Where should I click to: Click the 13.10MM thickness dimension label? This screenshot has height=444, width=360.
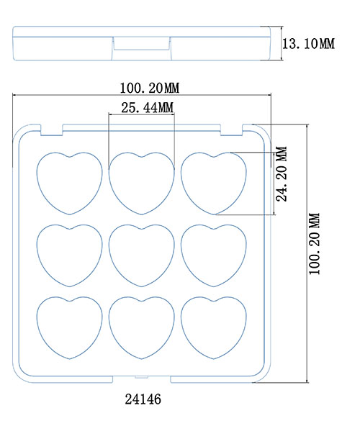[308, 44]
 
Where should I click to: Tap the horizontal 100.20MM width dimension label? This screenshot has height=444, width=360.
[150, 88]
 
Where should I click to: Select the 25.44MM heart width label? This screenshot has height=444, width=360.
[148, 108]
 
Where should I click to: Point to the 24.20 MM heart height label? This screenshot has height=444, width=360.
[282, 174]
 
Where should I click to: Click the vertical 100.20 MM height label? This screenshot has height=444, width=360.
[315, 244]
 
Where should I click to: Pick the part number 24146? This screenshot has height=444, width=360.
[143, 399]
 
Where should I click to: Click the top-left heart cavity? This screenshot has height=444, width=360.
[69, 184]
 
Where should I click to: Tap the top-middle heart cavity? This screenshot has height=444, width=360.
[142, 184]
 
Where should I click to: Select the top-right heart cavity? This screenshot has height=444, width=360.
[214, 184]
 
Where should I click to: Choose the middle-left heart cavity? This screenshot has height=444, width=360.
[69, 255]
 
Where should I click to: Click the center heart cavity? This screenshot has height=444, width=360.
[142, 255]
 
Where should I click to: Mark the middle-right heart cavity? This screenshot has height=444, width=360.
[214, 255]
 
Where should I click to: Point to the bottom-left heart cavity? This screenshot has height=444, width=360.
[69, 327]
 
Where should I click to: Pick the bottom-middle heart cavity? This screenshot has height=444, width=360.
[142, 327]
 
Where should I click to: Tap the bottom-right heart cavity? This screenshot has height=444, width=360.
[214, 327]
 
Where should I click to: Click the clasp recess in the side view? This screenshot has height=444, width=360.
[142, 43]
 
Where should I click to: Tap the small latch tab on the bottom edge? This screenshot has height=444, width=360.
[142, 377]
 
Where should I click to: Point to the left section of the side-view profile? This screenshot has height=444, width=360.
[63, 48]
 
